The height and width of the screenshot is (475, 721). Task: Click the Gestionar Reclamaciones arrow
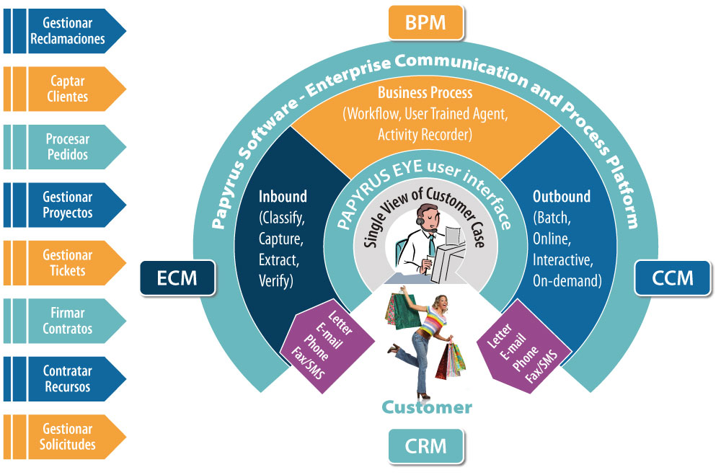[x=65, y=31]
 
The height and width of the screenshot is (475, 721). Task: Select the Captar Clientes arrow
[x=65, y=89]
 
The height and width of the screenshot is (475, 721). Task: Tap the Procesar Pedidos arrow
[x=65, y=147]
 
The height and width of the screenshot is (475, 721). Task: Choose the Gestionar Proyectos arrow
[x=65, y=205]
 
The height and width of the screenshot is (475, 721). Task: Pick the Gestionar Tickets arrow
[x=65, y=263]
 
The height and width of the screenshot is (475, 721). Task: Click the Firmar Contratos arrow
[x=65, y=321]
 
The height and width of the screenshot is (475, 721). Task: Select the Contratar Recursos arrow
[x=65, y=379]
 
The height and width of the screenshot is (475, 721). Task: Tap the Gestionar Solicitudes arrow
[x=65, y=437]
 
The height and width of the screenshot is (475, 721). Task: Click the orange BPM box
[x=426, y=22]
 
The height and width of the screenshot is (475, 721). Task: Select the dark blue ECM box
[x=177, y=278]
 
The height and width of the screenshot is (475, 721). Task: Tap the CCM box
[x=672, y=278]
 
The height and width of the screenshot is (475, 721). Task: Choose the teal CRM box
[x=426, y=446]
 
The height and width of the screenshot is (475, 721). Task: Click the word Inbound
[x=283, y=196]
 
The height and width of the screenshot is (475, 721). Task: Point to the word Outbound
[x=562, y=196]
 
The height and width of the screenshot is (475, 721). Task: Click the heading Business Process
[x=425, y=92]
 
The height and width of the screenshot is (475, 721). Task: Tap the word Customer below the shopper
[x=427, y=407]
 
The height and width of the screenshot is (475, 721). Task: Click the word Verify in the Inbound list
[x=276, y=280]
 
